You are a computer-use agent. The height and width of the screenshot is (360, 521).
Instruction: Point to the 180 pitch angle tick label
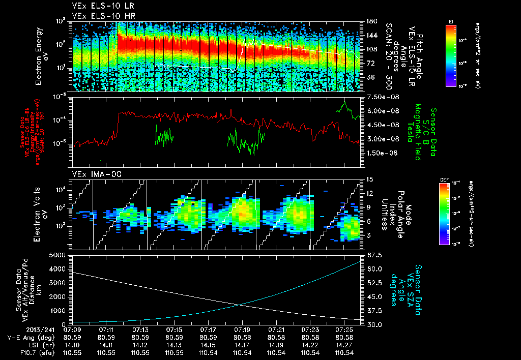tap(367, 21)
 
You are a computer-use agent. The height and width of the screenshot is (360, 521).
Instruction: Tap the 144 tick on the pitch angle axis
tap(367, 36)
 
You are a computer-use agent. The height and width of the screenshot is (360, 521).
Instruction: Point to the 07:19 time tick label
tap(242, 330)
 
